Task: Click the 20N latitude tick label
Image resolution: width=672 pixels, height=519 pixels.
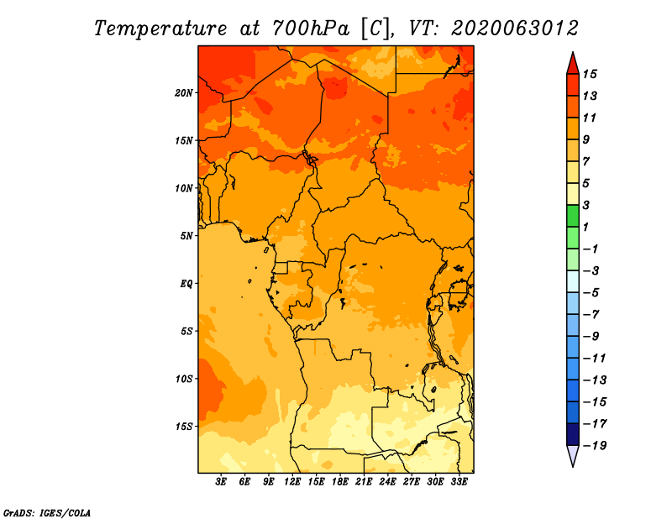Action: click(183, 93)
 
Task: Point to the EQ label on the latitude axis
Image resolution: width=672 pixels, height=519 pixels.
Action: click(186, 284)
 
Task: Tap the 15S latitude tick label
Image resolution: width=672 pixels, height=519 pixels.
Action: click(184, 427)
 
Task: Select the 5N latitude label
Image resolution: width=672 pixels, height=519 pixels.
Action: click(186, 236)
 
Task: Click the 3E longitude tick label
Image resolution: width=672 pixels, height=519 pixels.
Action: click(221, 481)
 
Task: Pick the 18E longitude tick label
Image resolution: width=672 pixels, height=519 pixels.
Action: click(340, 481)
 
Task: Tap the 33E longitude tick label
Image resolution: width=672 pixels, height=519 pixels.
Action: click(459, 481)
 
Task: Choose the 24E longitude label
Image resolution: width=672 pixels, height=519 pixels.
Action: click(387, 481)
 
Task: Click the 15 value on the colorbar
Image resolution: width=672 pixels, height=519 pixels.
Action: click(590, 74)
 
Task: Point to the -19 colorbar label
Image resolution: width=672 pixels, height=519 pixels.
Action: click(595, 446)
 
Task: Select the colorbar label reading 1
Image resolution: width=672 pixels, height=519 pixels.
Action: click(585, 227)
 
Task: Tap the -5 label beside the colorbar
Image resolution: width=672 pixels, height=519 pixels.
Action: click(591, 293)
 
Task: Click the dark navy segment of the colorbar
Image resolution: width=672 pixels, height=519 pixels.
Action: click(573, 434)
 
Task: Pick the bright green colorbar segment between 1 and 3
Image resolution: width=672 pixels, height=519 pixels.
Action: click(573, 216)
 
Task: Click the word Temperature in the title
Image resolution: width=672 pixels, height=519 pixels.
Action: click(160, 29)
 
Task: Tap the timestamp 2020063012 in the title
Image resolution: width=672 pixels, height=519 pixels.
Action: click(515, 29)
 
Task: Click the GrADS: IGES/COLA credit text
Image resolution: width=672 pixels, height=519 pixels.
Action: click(47, 512)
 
